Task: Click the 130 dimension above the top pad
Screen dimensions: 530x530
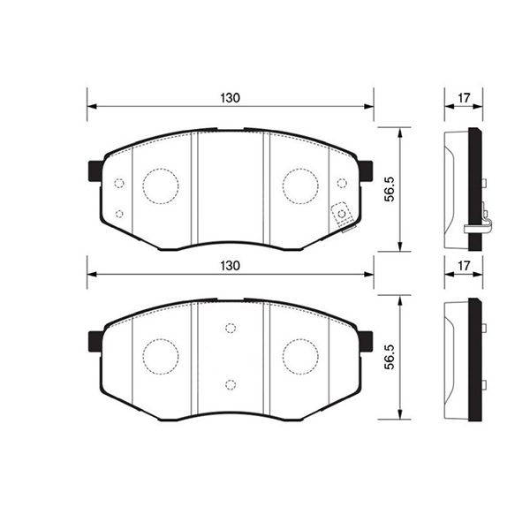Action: click(x=231, y=98)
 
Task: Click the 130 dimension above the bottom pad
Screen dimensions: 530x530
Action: click(x=231, y=266)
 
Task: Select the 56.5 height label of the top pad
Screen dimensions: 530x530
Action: click(x=390, y=189)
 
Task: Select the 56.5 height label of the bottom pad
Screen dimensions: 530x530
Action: click(x=390, y=357)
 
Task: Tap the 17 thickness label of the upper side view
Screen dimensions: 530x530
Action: click(x=464, y=98)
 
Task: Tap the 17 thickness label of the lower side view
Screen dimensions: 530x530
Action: click(x=464, y=266)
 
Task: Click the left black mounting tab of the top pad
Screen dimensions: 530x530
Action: click(x=95, y=171)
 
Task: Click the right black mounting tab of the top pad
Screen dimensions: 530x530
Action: click(x=366, y=171)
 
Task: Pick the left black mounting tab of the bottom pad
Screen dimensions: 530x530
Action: click(x=95, y=342)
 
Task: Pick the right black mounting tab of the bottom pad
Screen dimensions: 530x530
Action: click(x=366, y=342)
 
